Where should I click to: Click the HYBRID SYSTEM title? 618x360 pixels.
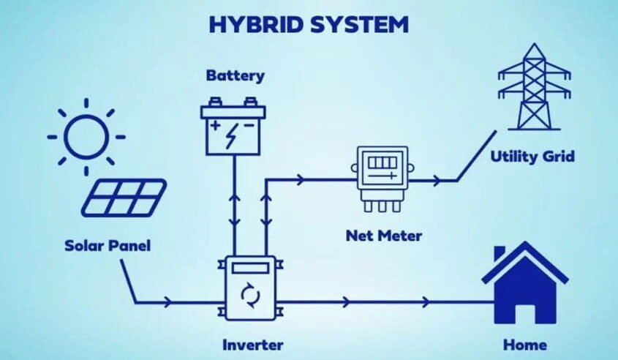tap(308, 23)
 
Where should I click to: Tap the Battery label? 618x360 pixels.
tap(235, 75)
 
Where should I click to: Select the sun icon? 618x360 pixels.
tap(86, 136)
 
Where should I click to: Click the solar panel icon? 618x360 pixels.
tap(124, 198)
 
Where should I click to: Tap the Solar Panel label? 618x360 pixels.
tap(107, 246)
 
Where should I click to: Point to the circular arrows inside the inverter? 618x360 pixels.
tap(250, 296)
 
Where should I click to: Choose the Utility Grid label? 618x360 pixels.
tap(532, 157)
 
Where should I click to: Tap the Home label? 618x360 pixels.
tap(525, 344)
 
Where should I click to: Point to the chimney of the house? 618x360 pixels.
tap(500, 254)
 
